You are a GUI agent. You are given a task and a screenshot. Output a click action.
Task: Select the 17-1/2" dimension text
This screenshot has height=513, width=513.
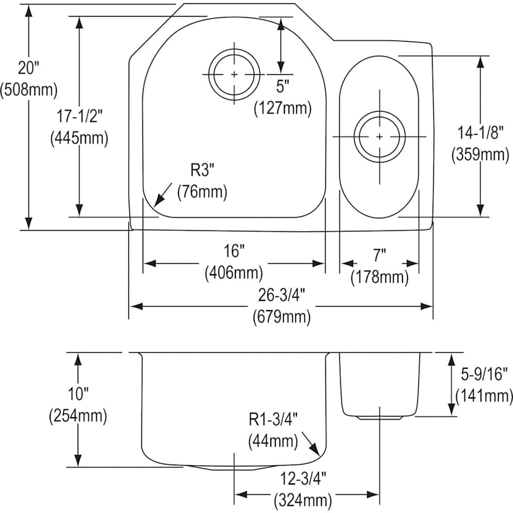coord(79,116)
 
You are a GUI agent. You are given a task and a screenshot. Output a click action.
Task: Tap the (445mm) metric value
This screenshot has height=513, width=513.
coord(79,137)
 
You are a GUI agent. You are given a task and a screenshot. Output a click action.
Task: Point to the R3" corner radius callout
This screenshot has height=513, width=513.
coord(202,170)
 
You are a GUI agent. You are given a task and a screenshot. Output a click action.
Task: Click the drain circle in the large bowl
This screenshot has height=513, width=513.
coord(234,74)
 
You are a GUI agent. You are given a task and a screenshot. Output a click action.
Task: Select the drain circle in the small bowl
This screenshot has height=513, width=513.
coord(380,136)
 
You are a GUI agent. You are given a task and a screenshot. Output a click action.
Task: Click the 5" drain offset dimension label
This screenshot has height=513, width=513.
coord(283,87)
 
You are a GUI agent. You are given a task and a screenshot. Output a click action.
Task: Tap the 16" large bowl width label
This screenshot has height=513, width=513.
coord(234,251)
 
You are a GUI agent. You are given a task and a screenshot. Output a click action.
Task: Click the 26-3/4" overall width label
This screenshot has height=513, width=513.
coord(281,295)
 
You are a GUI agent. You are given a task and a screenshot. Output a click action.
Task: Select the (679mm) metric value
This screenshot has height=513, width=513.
coord(282,317)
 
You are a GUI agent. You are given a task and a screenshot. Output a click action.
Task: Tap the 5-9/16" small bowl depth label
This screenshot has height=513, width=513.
coord(483,373)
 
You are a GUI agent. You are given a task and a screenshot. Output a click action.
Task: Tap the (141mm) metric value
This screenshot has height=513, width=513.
coord(483,395)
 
